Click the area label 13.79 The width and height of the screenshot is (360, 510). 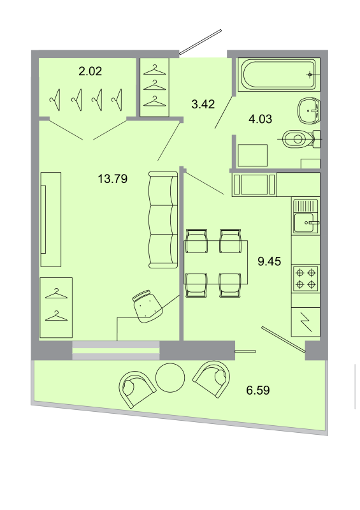click(112, 179)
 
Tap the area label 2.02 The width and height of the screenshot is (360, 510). click(90, 72)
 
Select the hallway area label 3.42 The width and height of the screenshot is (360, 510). click(203, 104)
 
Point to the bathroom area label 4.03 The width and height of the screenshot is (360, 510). click(260, 117)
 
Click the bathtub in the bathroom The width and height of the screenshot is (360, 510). click(278, 75)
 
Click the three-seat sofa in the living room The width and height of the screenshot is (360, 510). click(162, 220)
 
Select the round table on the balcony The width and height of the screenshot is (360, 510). click(169, 379)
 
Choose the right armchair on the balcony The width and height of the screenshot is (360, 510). click(211, 380)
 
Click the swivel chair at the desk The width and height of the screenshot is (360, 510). click(147, 304)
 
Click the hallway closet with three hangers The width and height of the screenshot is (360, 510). click(155, 87)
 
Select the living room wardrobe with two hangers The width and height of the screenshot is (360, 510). click(56, 307)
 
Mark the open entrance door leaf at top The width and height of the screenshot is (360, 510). click(200, 42)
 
